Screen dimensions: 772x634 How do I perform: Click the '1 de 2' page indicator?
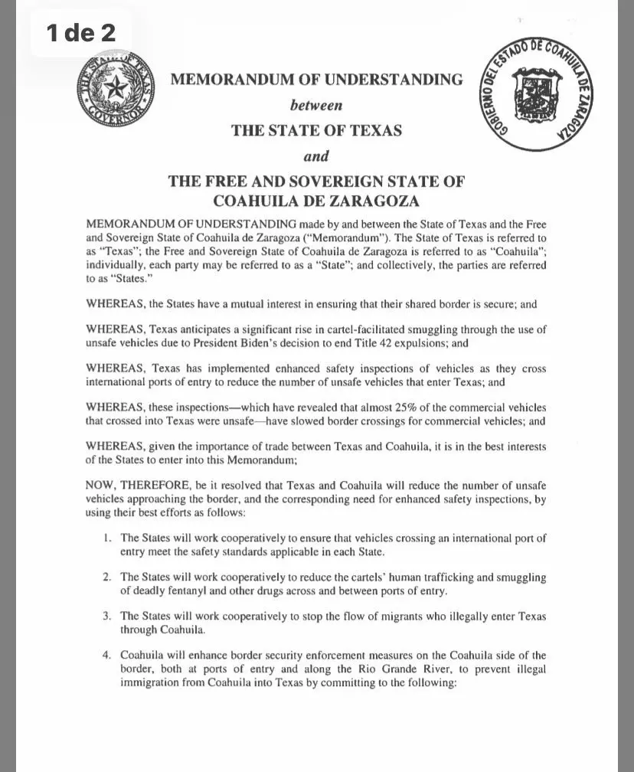point(80,33)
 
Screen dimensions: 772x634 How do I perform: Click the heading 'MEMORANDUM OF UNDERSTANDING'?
point(316,79)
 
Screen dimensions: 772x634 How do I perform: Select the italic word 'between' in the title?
point(316,104)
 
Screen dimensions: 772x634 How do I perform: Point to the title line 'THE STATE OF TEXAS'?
point(316,130)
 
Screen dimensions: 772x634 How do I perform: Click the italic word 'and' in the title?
point(316,156)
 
